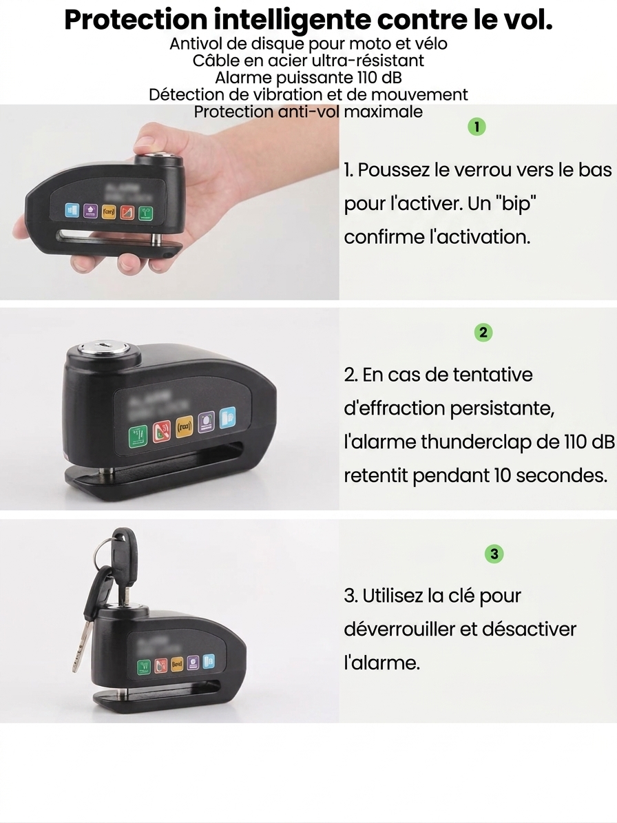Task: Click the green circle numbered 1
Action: tap(477, 127)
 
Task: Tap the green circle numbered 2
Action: tap(483, 333)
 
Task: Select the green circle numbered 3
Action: tap(494, 553)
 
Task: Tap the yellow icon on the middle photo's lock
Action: tap(184, 427)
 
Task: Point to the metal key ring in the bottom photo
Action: tap(103, 551)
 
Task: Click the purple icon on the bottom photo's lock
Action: tap(194, 663)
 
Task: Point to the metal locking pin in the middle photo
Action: tap(109, 473)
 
